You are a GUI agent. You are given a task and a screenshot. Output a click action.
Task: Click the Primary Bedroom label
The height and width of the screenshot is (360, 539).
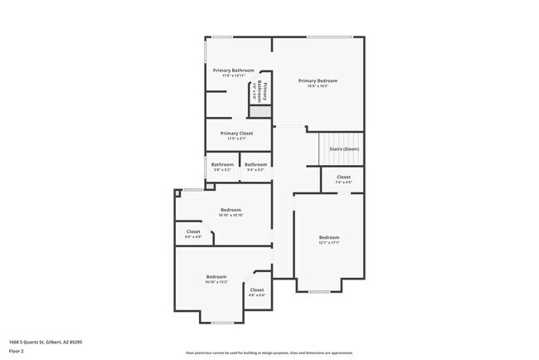(x=318, y=80)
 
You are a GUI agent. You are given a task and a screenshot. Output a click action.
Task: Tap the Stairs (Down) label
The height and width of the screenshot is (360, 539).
(x=343, y=149)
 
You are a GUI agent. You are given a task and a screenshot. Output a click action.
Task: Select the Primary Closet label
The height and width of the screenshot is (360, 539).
(x=236, y=133)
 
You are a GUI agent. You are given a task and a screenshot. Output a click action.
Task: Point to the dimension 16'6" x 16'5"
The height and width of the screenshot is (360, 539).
(x=318, y=86)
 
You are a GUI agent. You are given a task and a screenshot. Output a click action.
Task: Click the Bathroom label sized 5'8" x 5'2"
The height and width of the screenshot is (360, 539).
(x=222, y=164)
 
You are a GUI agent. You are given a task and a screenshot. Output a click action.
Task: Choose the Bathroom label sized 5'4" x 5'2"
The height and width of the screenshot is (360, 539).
(x=255, y=164)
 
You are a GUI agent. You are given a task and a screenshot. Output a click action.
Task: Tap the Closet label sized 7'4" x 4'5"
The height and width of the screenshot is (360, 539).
(x=343, y=177)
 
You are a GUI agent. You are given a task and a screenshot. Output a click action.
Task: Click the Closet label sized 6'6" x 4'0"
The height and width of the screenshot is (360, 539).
(x=193, y=231)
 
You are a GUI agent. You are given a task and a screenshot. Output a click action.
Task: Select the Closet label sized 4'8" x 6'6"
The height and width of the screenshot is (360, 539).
(x=257, y=289)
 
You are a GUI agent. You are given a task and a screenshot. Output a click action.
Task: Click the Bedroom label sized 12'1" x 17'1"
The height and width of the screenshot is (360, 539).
(x=329, y=237)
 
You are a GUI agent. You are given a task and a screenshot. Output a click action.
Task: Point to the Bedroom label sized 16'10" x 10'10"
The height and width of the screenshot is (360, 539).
(x=231, y=210)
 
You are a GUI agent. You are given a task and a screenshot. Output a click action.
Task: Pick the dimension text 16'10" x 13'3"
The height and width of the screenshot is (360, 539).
(x=216, y=282)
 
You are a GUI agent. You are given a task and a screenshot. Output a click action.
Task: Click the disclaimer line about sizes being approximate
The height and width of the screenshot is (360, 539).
(x=269, y=352)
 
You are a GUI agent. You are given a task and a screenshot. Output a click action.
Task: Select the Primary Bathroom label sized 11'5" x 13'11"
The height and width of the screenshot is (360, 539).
(x=231, y=71)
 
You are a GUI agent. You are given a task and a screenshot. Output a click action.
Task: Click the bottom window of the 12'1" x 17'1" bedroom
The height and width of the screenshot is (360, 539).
(x=319, y=291)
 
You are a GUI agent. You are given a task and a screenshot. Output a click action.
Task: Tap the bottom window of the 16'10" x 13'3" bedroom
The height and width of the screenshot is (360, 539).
(x=221, y=322)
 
